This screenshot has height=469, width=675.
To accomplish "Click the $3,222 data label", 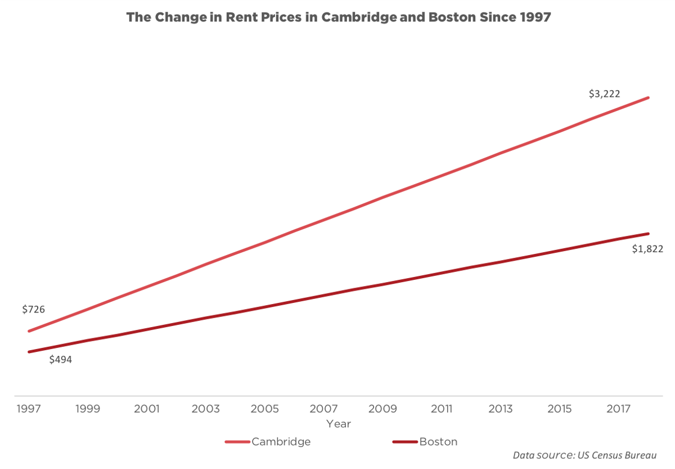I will click(604, 94).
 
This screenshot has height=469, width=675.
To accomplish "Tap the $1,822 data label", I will click(647, 249).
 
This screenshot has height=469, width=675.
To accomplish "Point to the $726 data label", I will click(33, 309).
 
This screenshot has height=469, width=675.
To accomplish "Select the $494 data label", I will click(60, 360).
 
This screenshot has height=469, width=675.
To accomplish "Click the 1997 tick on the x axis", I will click(29, 409).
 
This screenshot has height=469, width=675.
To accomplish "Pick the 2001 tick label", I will click(146, 409).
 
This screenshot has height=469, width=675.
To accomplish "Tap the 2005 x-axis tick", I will click(264, 409).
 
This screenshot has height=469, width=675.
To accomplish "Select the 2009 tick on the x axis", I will click(382, 409).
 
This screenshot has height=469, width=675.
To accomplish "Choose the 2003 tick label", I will click(205, 409).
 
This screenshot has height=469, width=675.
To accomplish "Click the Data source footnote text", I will click(584, 455).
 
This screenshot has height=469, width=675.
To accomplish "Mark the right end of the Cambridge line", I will click(649, 97).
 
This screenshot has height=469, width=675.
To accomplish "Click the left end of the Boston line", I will click(29, 352).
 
